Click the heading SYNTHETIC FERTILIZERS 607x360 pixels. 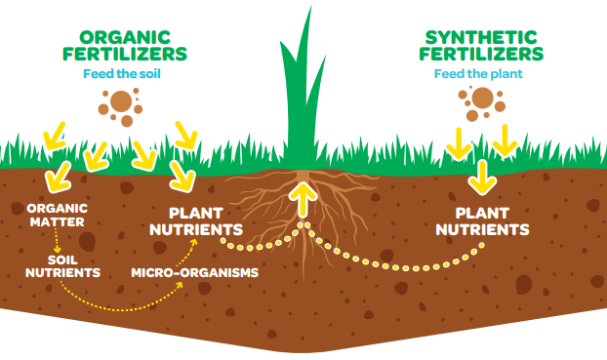pos(481,45)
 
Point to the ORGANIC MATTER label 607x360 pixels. pos(58,215)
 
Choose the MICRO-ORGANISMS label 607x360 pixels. pos(195,272)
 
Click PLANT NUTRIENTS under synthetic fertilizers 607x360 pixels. pos(482,220)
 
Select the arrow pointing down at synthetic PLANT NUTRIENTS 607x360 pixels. pos(480,176)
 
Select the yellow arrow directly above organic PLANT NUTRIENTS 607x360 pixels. pos(181,175)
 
